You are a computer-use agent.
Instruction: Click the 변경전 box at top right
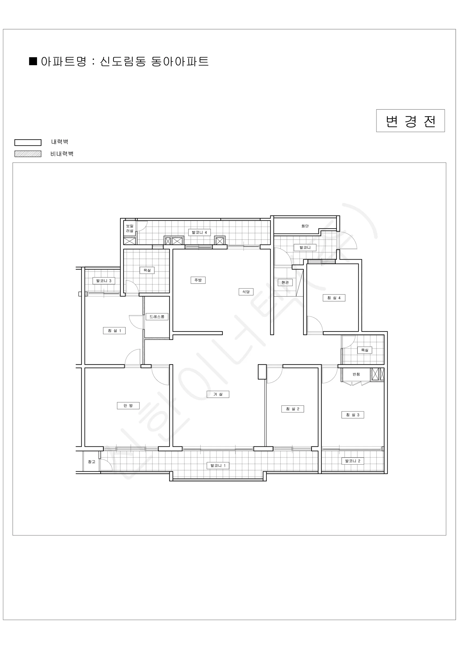(410, 121)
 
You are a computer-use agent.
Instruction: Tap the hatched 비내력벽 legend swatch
(28, 154)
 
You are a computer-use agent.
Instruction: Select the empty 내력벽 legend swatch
(28, 143)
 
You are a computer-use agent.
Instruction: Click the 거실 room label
(218, 394)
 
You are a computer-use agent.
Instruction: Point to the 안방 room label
(128, 406)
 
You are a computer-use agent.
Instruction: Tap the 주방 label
(198, 280)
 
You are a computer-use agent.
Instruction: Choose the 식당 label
(246, 292)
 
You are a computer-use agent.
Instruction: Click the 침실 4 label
(334, 298)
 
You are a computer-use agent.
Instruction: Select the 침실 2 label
(293, 409)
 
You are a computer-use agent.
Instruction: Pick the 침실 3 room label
(353, 415)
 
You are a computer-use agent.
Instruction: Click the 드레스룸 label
(157, 317)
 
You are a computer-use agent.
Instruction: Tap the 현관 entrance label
(285, 282)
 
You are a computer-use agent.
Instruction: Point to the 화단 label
(305, 226)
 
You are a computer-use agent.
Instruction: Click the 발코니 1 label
(218, 466)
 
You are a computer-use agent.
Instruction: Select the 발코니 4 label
(199, 232)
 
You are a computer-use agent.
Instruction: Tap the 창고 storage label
(92, 462)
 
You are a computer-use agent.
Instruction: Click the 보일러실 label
(130, 229)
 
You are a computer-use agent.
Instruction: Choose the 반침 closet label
(356, 374)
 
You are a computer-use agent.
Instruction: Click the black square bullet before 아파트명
(33, 61)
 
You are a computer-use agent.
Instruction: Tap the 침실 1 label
(114, 331)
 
